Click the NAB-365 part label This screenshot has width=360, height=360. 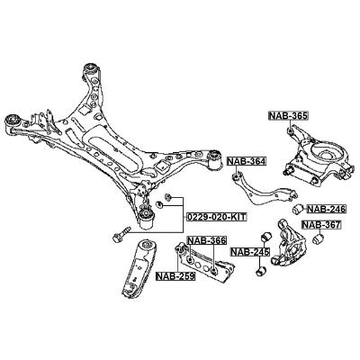288,116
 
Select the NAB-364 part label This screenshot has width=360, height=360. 247,162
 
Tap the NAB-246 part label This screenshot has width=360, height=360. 327,209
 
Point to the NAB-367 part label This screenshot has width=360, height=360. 321,225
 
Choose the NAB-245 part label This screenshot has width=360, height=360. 250,252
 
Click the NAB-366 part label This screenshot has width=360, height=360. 206,240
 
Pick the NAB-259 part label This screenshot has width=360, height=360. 175,275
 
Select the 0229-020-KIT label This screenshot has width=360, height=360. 216,217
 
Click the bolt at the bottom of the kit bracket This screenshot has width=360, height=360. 121,235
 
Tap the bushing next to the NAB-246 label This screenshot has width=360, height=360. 298,209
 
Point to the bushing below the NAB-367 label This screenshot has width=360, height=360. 318,239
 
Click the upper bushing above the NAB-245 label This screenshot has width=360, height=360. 265,237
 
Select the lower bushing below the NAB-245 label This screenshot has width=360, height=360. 262,272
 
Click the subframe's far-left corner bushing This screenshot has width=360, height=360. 13,123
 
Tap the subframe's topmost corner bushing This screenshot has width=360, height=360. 90,70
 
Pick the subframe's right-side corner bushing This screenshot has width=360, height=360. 215,160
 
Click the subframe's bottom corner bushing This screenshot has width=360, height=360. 147,218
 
